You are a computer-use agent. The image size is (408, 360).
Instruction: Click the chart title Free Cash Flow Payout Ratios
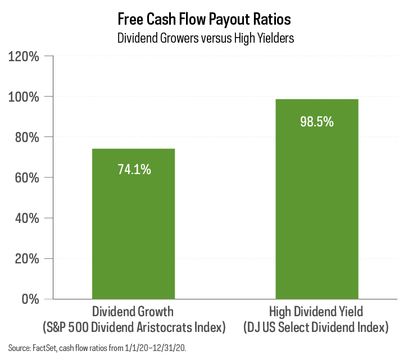204,19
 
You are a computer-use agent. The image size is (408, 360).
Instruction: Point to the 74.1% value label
134,170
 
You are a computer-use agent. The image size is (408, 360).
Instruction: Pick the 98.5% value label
317,121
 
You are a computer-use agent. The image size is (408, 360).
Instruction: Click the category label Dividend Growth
133,311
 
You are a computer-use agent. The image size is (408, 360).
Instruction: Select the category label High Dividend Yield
316,311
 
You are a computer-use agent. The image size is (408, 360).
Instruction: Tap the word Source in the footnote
19,348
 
